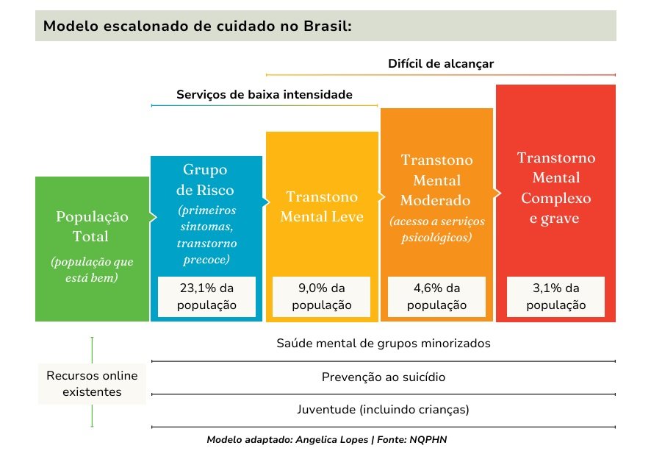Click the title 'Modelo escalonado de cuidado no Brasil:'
[x=198, y=26]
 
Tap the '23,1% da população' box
[x=206, y=296]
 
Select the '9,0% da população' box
[x=321, y=296]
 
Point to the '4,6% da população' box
[x=436, y=296]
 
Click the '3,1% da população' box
[x=555, y=296]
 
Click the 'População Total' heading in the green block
[x=92, y=227]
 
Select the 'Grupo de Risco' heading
[x=206, y=180]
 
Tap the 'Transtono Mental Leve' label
[x=322, y=207]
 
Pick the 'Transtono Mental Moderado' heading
[x=436, y=180]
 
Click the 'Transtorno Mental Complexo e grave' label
[x=555, y=188]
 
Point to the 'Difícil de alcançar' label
[x=441, y=63]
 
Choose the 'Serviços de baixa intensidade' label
[x=265, y=95]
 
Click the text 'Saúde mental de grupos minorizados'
[x=383, y=344]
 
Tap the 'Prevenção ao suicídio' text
[x=383, y=377]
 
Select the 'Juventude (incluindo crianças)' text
[x=383, y=410]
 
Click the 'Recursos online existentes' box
[x=93, y=383]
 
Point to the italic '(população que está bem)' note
[x=92, y=269]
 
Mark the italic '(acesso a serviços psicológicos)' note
[x=436, y=230]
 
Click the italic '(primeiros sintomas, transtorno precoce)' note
[x=206, y=234]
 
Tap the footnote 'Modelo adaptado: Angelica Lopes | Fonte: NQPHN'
[x=326, y=439]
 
